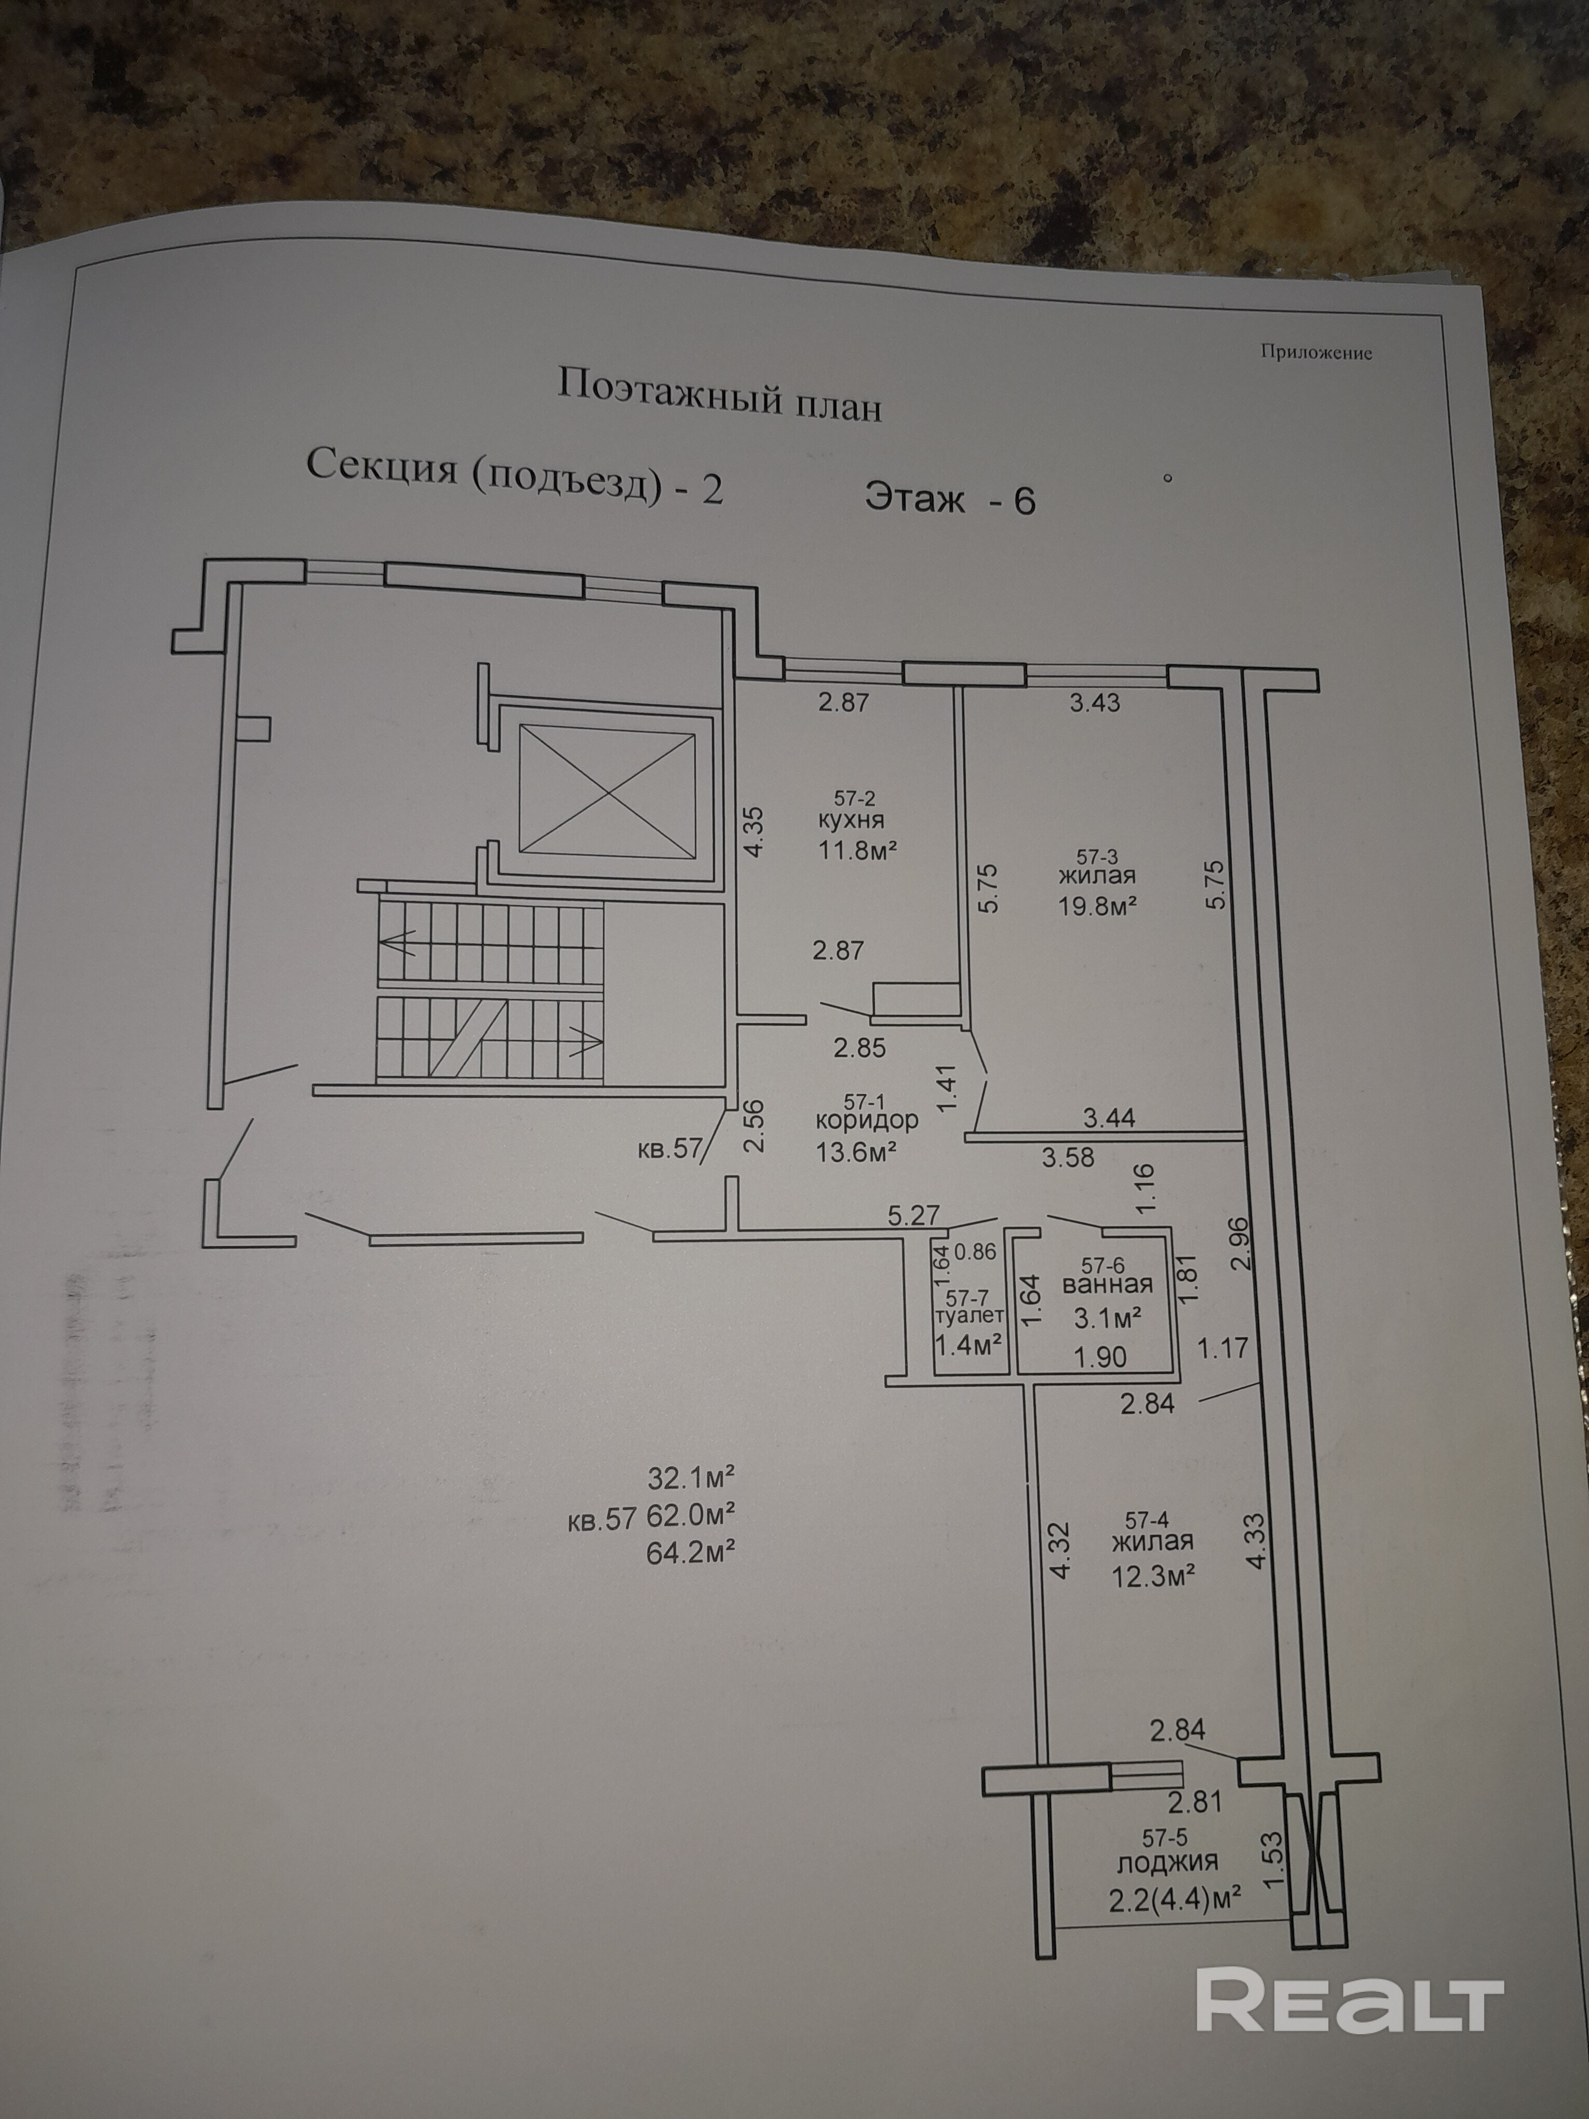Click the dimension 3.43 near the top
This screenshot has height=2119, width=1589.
1095,702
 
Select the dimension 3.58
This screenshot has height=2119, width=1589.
1068,1157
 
